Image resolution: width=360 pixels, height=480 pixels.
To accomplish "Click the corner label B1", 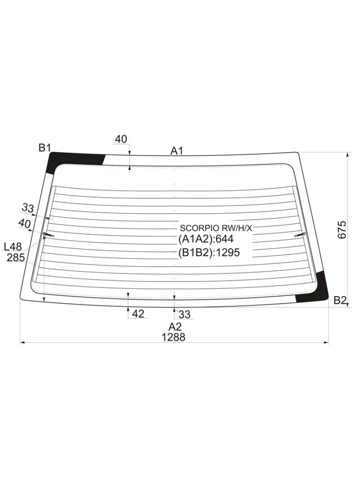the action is click(44, 148).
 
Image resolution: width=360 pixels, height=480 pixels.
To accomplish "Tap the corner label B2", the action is click(340, 301).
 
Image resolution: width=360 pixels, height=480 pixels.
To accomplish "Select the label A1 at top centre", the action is click(176, 151).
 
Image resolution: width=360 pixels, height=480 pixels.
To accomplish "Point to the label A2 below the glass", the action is click(175, 327).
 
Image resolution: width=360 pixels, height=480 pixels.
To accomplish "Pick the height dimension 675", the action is click(342, 230).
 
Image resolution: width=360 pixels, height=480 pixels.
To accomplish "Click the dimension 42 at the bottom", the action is click(138, 314).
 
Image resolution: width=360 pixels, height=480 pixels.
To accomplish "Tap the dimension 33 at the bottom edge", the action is click(184, 314).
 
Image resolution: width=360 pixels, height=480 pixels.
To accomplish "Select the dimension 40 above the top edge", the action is click(121, 139).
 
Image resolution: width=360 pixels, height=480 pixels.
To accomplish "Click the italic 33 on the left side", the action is click(28, 208).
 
